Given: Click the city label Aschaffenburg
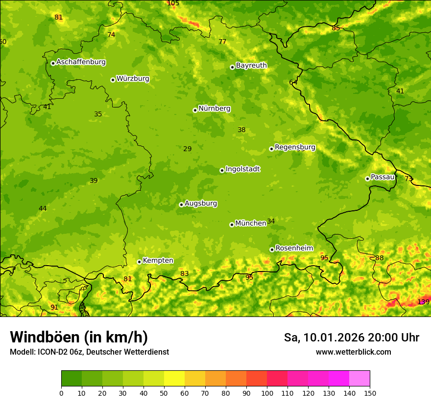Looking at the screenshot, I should tap(81, 62).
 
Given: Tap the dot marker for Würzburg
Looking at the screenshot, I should tap(113, 80).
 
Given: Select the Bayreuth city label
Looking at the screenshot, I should tap(251, 66).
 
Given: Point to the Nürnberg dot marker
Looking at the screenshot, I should tap(195, 110).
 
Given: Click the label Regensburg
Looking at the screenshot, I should tap(295, 147).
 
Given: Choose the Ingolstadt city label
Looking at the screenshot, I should tap(242, 169).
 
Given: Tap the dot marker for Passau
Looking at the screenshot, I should tap(367, 179).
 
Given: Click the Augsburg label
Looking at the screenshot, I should tap(201, 203).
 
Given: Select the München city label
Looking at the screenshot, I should tap(250, 223).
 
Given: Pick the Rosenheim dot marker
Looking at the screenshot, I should tap(272, 249).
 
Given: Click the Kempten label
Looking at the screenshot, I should tap(158, 261).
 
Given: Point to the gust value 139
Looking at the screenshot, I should tap(423, 302).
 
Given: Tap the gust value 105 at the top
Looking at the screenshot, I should tap(173, 3).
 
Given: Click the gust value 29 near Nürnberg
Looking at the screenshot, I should tap(187, 149).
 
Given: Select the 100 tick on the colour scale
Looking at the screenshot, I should tap(267, 393).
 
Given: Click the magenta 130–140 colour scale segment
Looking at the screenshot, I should tap(339, 379).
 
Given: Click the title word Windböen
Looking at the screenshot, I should tap(45, 337).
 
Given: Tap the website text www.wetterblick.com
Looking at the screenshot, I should tap(353, 352).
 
